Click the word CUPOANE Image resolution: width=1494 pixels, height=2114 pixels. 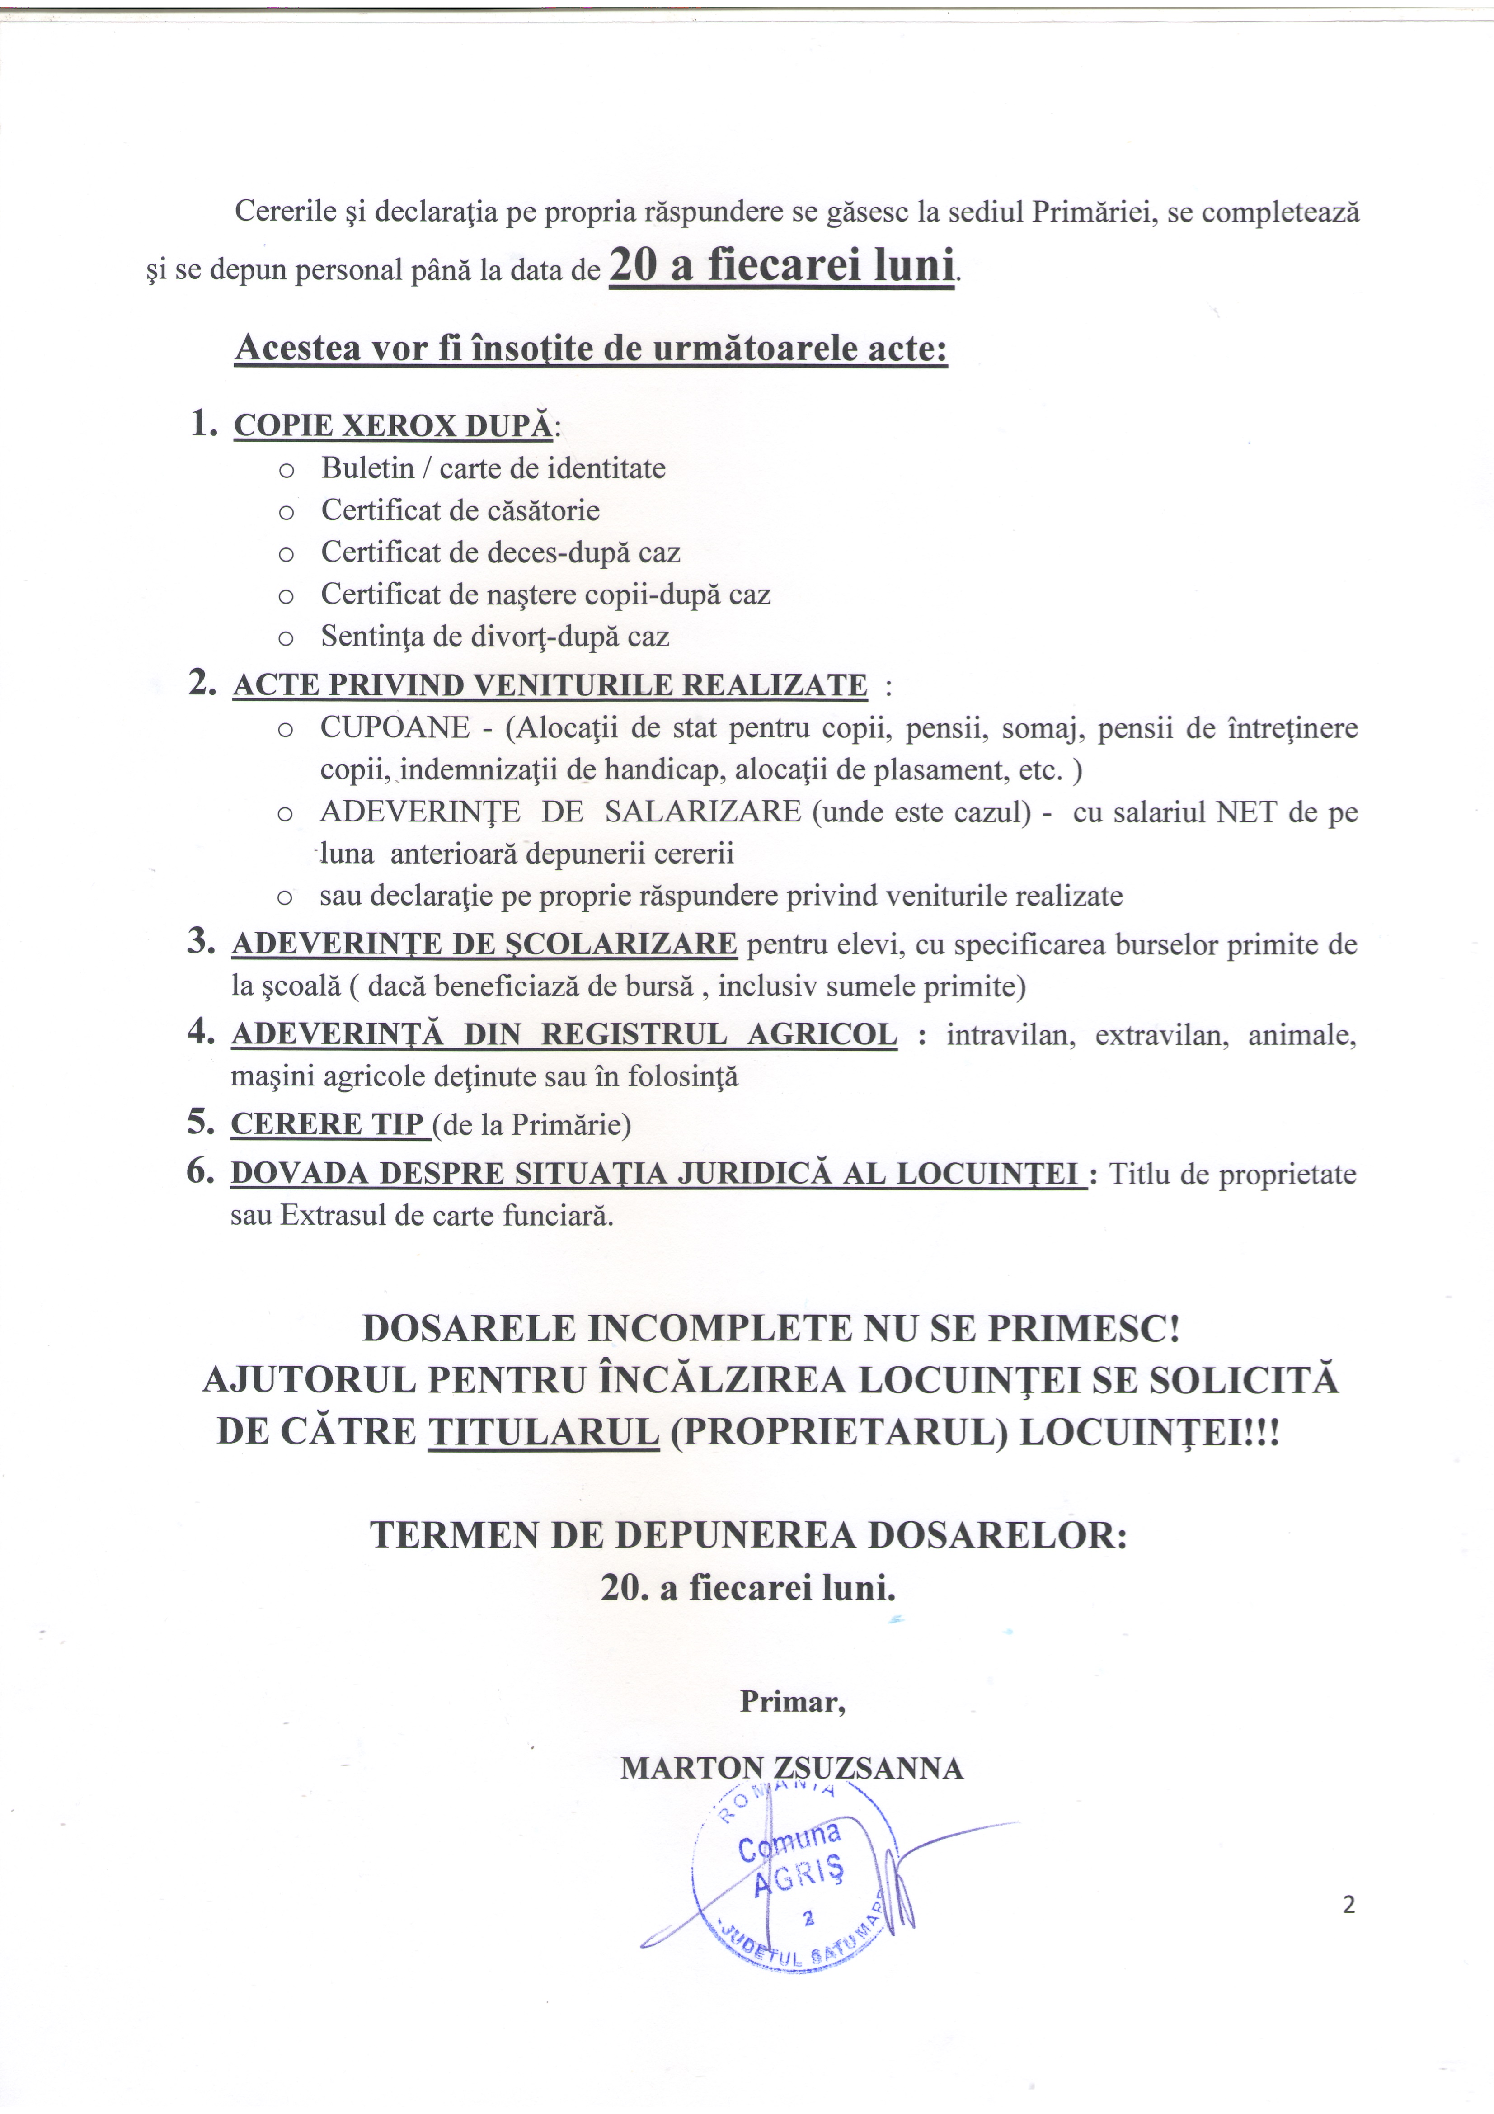[395, 728]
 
